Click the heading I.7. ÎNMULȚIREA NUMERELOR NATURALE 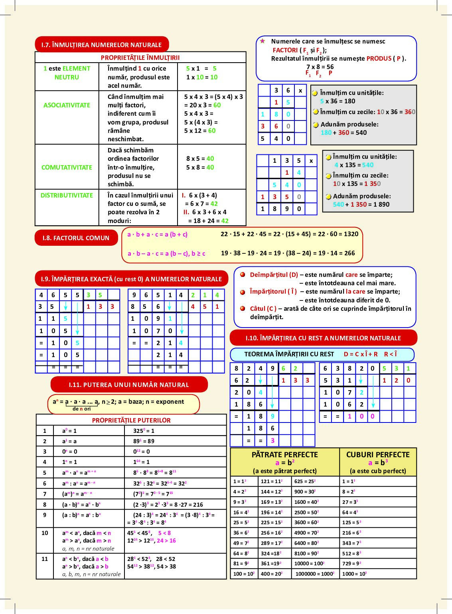(101, 45)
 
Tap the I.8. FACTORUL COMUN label (76, 238)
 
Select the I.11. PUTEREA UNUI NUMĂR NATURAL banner (129, 385)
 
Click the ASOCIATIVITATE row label (67, 105)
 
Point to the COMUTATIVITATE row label (67, 168)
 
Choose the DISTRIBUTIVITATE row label (67, 195)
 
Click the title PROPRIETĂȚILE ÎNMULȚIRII (140, 57)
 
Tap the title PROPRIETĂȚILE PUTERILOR (131, 420)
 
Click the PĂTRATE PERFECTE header (284, 455)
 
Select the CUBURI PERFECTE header (378, 455)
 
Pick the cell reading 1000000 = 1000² (315, 574)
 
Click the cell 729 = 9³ (351, 563)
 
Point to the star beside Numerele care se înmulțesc (263, 41)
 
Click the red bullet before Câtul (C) (243, 308)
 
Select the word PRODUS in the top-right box (379, 59)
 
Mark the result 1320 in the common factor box (351, 234)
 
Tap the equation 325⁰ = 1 (144, 431)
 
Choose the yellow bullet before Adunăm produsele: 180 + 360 (316, 125)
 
